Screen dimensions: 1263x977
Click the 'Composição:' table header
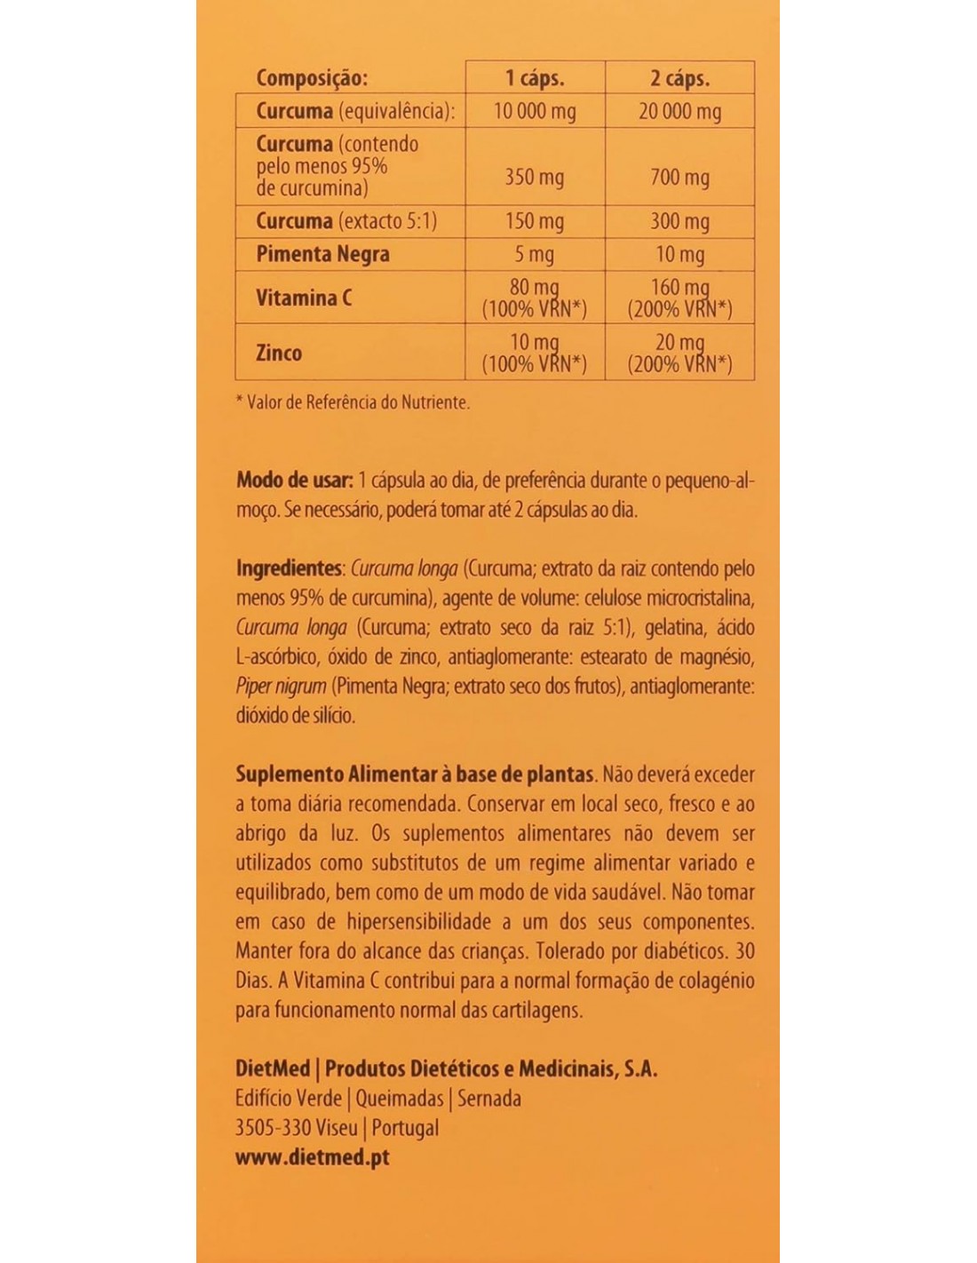(x=311, y=78)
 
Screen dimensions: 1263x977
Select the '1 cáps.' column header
(x=535, y=78)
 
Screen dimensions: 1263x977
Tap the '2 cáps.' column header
(x=679, y=78)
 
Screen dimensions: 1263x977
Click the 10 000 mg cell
(x=535, y=111)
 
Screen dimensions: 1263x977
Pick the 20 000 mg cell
(x=679, y=111)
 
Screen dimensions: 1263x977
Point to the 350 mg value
(x=535, y=177)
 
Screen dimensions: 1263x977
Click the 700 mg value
(x=679, y=177)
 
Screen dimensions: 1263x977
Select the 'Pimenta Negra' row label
(x=322, y=254)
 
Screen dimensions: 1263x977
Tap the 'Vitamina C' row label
(x=304, y=298)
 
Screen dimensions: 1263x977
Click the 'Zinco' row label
(x=279, y=353)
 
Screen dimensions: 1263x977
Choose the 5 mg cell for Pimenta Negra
(x=535, y=255)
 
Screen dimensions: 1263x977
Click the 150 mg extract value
(x=535, y=221)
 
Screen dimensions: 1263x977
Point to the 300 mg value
(x=679, y=221)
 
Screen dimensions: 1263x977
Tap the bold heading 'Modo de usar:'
(x=294, y=481)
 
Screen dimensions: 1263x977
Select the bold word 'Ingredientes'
(x=289, y=568)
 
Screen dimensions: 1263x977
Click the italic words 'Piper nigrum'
(x=281, y=687)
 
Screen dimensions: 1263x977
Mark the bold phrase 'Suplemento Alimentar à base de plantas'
(x=414, y=774)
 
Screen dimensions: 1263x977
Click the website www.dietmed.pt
(x=313, y=1157)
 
